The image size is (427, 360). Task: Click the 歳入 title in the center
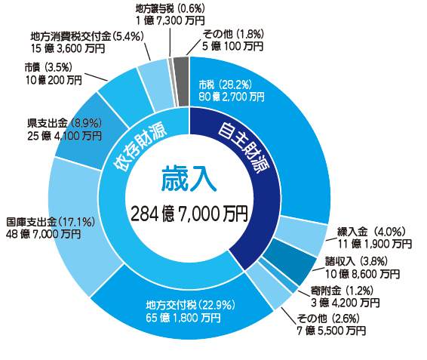coord(189,179)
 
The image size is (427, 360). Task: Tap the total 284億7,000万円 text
coord(189,214)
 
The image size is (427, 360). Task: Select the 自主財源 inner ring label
coord(244,147)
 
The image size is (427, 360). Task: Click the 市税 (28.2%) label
coord(226,85)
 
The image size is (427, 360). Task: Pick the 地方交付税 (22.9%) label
coord(190,305)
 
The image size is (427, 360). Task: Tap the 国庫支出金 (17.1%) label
coord(51,222)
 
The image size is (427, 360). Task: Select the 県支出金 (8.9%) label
coord(64,124)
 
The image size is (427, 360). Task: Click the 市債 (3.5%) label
coord(48,67)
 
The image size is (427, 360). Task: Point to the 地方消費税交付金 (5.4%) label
coord(88,36)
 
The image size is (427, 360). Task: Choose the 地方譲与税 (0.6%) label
coord(170,9)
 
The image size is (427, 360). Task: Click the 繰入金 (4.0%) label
coord(371,232)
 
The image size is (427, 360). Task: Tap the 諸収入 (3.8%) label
coord(356,262)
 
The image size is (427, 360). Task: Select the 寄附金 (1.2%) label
coord(342,291)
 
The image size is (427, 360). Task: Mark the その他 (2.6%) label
coord(328,318)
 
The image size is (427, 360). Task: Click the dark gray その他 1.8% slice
coord(181,82)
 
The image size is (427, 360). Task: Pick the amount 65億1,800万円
coord(183,318)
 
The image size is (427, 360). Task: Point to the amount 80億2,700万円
coord(232,97)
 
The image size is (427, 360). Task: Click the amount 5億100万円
coord(232,46)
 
